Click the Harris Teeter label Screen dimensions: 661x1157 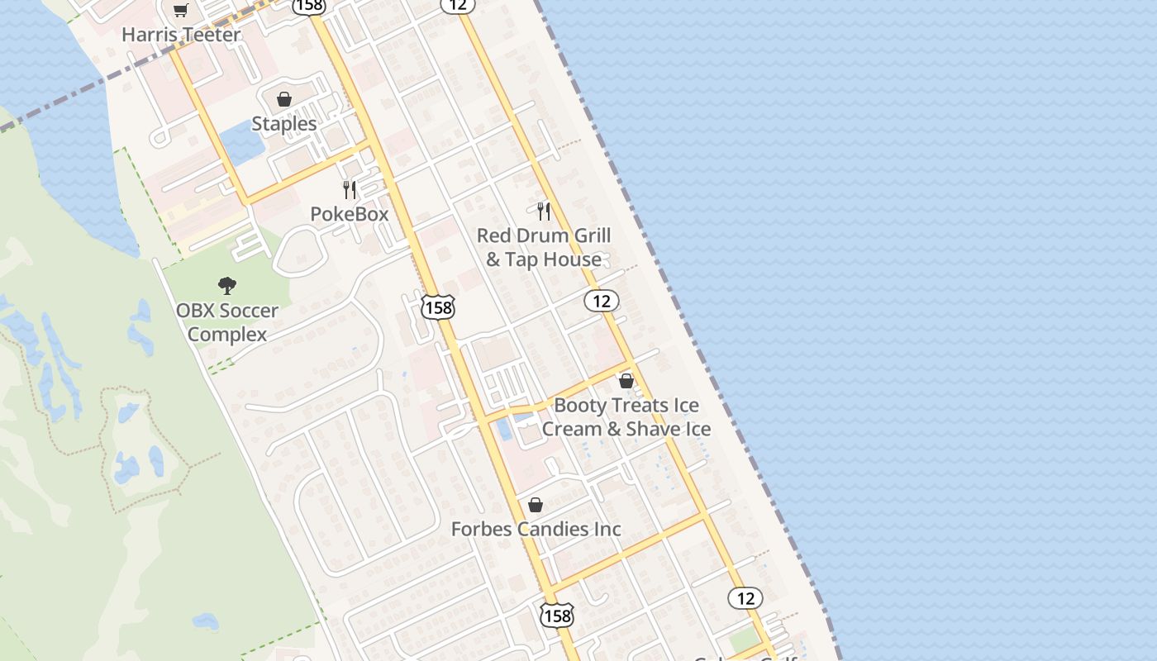181,35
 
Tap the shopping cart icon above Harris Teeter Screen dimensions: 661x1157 180,10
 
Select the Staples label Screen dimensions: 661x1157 283,124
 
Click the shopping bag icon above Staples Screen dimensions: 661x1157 284,99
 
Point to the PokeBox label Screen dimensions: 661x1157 349,214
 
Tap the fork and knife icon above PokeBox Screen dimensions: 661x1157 350,190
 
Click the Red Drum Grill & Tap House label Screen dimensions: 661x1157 544,247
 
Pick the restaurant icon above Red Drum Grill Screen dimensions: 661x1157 544,211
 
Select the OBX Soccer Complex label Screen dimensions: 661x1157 227,322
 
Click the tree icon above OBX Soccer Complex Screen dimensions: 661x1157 227,286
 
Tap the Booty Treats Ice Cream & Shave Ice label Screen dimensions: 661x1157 626,417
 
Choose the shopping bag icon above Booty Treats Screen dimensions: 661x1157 626,381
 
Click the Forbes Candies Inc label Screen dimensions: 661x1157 536,529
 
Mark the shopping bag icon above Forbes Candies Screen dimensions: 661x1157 536,505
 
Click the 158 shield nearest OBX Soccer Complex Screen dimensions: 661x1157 437,308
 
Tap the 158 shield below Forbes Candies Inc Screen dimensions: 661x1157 557,616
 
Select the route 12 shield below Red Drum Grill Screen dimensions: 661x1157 602,301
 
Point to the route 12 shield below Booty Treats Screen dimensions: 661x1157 745,597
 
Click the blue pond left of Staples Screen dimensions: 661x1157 243,141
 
